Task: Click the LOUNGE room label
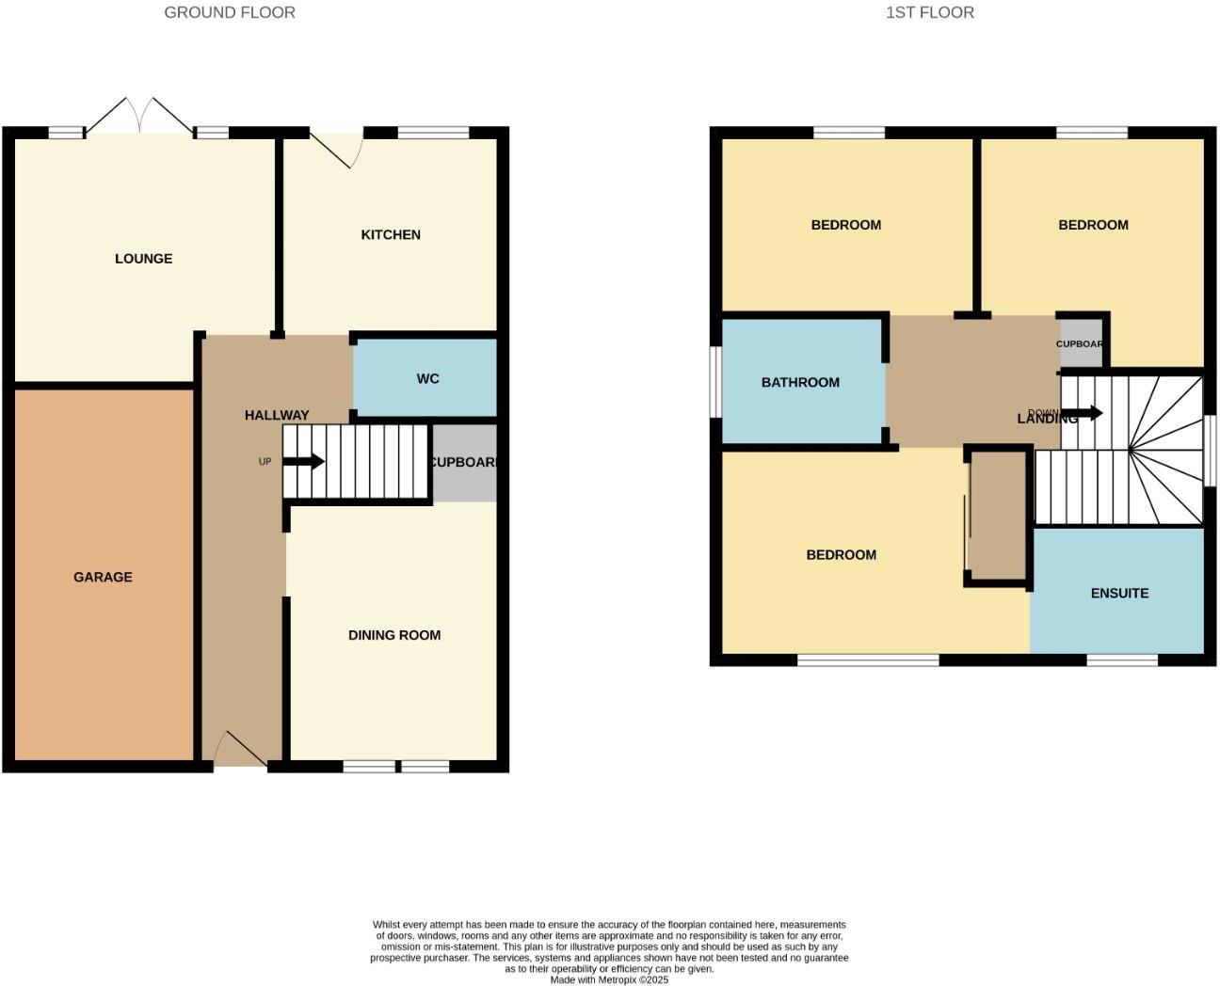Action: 143,259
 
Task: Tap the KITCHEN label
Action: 391,234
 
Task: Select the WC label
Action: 427,378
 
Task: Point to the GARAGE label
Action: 103,577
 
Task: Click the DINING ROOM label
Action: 394,635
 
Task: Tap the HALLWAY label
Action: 277,415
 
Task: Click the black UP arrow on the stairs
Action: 304,461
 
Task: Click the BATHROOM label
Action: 800,382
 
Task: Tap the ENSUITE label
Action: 1119,593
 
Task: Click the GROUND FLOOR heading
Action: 230,12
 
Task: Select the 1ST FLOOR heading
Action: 930,12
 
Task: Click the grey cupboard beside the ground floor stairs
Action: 464,463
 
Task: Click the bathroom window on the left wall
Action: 716,381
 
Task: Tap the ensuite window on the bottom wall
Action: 1122,660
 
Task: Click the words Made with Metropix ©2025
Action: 609,979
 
